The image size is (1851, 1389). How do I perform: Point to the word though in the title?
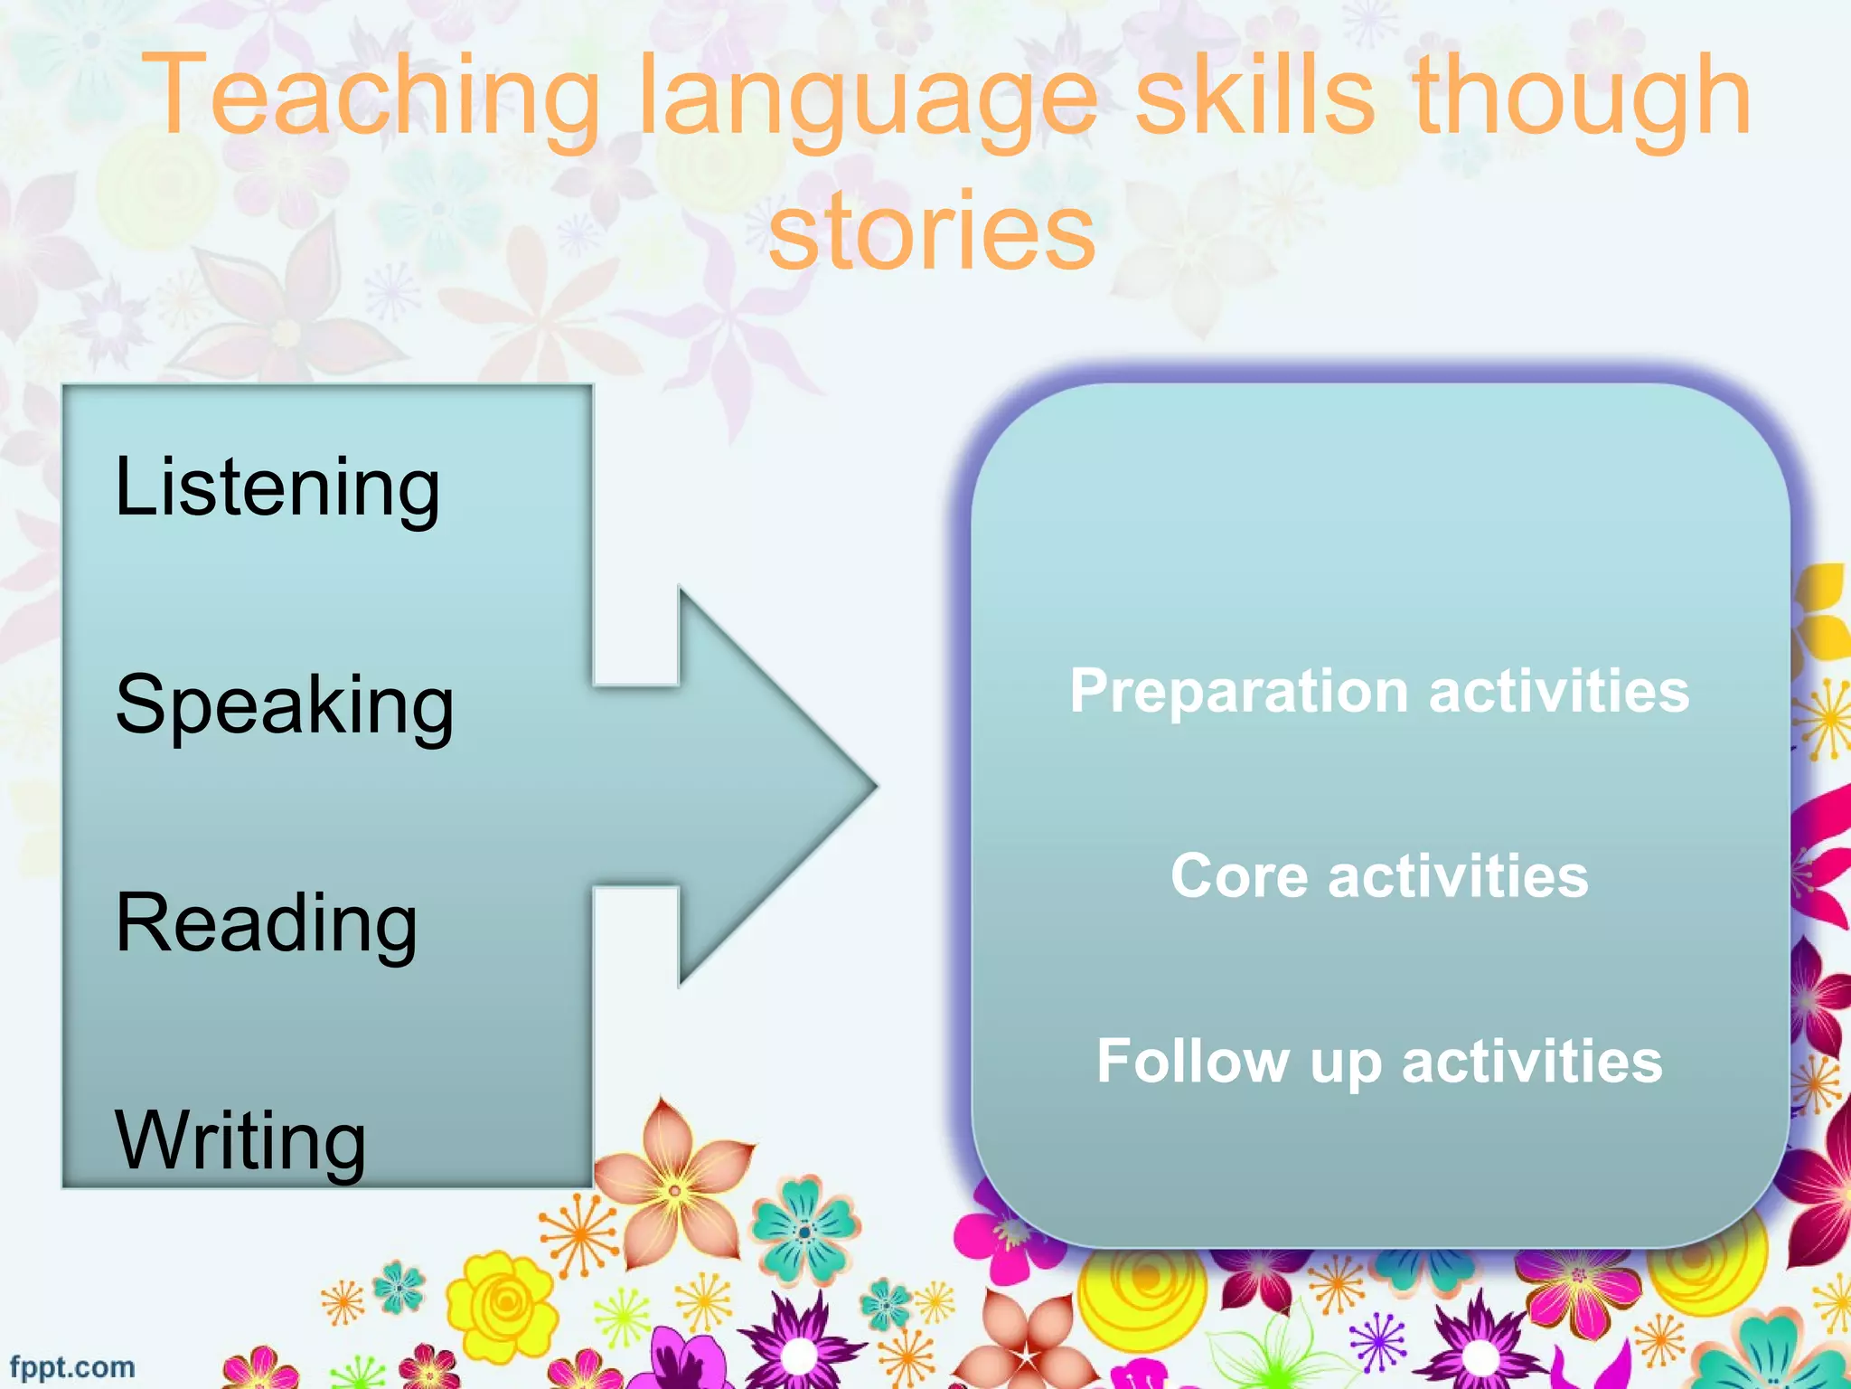click(x=1582, y=99)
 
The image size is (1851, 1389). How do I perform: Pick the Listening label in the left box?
click(x=277, y=488)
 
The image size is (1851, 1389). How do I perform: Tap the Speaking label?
click(x=285, y=706)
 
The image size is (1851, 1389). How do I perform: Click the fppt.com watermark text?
click(x=72, y=1366)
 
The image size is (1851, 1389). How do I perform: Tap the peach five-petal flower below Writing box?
click(x=673, y=1186)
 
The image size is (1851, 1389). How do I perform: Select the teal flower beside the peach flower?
click(x=804, y=1230)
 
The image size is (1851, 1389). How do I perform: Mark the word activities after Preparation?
click(x=1559, y=691)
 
